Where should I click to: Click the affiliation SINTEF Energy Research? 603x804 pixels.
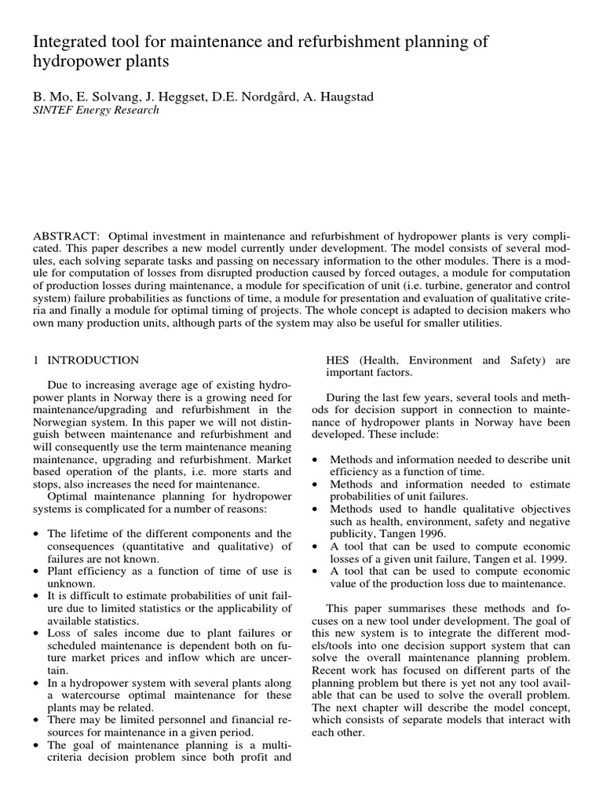(x=95, y=110)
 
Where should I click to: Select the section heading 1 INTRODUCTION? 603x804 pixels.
(x=86, y=360)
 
